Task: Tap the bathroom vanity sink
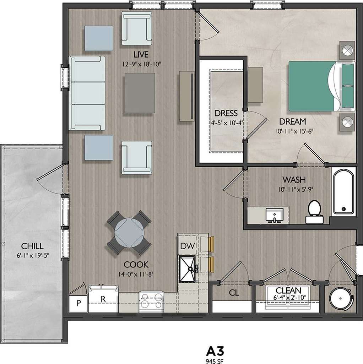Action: (274, 215)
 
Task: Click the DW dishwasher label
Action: (186, 246)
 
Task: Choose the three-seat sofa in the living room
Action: (87, 93)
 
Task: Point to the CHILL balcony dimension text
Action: (32, 255)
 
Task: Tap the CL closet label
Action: (234, 293)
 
